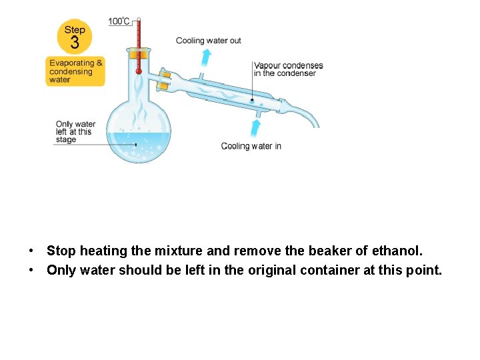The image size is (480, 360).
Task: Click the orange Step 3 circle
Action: [75, 37]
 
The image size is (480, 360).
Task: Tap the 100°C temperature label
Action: [119, 21]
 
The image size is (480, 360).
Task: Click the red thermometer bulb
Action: [139, 71]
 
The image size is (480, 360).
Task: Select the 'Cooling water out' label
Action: [209, 41]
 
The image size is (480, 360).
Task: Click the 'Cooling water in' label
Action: [251, 146]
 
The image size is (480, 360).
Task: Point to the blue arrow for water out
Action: [207, 56]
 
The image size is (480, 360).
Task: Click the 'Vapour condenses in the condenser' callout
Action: [288, 69]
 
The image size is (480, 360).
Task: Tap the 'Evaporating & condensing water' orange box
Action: [76, 71]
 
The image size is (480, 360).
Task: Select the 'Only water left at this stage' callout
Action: [75, 131]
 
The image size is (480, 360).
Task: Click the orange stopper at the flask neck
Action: [139, 54]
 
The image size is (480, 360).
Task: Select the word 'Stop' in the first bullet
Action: [61, 251]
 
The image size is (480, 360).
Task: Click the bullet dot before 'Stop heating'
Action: [31, 252]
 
